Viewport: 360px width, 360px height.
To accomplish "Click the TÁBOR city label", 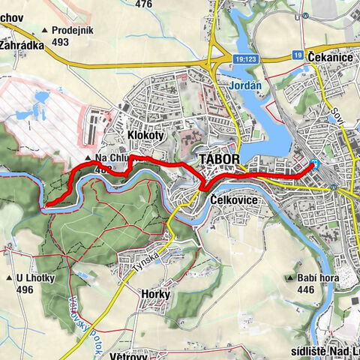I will click(219, 160).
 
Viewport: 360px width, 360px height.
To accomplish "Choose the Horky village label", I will click(155, 295).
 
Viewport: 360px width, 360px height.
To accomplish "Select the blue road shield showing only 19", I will click(298, 55).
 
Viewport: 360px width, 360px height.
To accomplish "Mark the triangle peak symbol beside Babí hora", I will click(289, 277).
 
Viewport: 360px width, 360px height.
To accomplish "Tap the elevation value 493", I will click(61, 42).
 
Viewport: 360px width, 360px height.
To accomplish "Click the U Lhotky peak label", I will click(40, 277).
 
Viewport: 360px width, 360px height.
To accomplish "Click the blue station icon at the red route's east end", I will click(315, 165).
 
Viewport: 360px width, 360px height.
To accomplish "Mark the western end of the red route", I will click(46, 203).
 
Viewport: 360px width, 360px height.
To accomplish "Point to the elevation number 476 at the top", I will click(144, 4).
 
